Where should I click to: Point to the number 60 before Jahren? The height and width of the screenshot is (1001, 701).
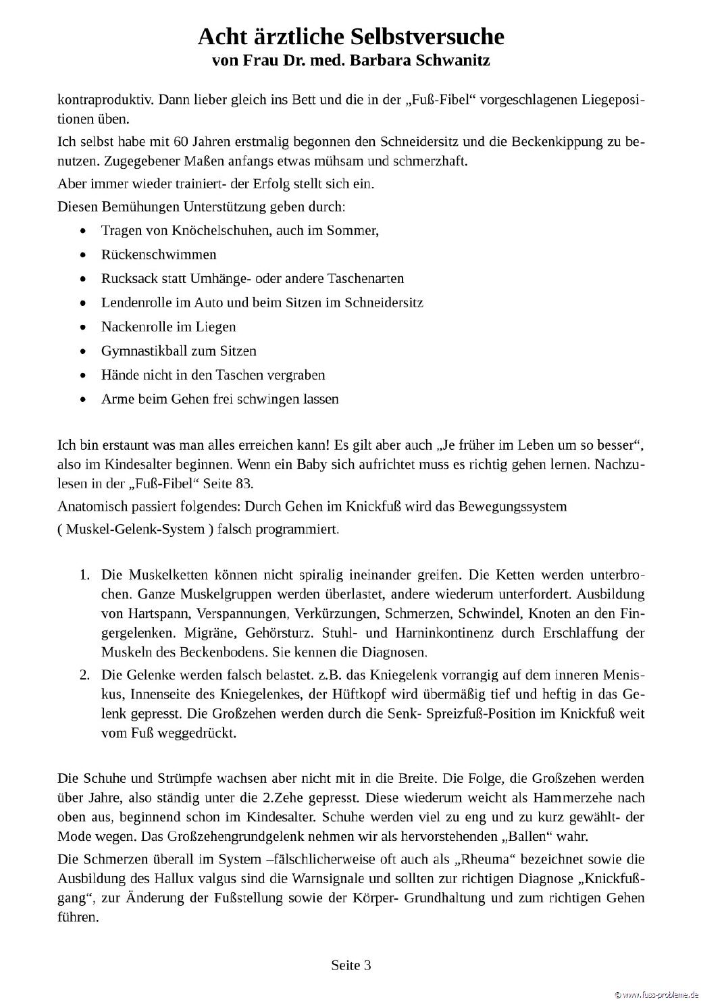[x=180, y=142]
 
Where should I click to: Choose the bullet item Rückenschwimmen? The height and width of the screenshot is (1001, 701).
[x=159, y=255]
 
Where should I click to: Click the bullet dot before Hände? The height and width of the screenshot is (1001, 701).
[x=83, y=376]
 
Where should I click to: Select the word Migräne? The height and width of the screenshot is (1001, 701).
[x=126, y=633]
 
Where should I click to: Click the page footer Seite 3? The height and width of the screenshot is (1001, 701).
[x=350, y=965]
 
